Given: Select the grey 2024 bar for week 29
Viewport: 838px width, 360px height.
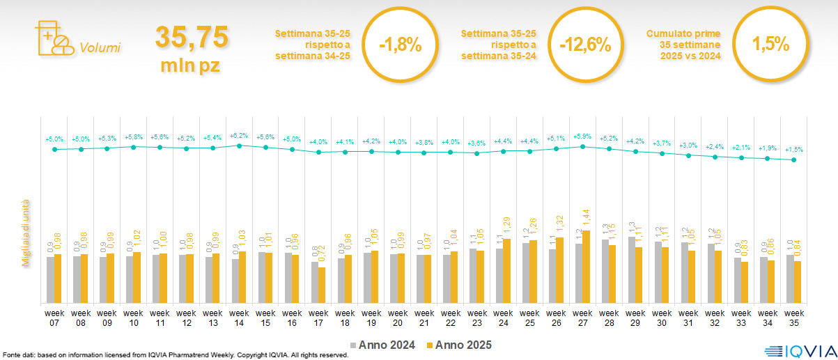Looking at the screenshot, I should [x=632, y=270].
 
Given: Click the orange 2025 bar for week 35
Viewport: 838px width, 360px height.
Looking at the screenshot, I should [x=798, y=282].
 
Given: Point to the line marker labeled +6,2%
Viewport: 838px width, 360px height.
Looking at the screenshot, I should [x=240, y=146].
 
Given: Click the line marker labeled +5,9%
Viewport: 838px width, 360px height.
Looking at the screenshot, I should [x=583, y=146].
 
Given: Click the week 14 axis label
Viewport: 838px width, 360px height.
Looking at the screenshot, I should [x=239, y=318].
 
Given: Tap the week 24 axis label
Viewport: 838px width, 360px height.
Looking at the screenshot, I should [x=503, y=318].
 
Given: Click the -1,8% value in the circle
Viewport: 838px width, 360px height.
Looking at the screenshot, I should [x=401, y=46].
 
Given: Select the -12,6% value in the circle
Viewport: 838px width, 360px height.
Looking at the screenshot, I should [x=585, y=46].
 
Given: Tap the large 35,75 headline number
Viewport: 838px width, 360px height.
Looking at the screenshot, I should [x=192, y=38].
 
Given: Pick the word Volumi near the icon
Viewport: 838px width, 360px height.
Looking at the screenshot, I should [x=100, y=48].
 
